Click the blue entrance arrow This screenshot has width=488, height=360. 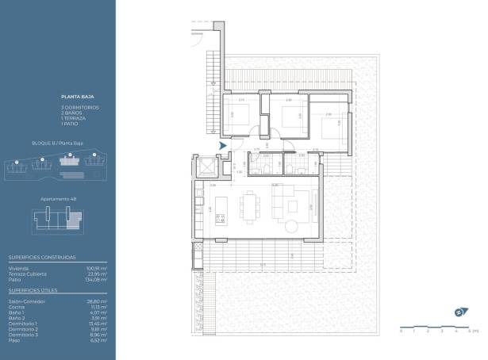coord(223,145)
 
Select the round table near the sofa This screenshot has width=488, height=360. coord(291,227)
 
